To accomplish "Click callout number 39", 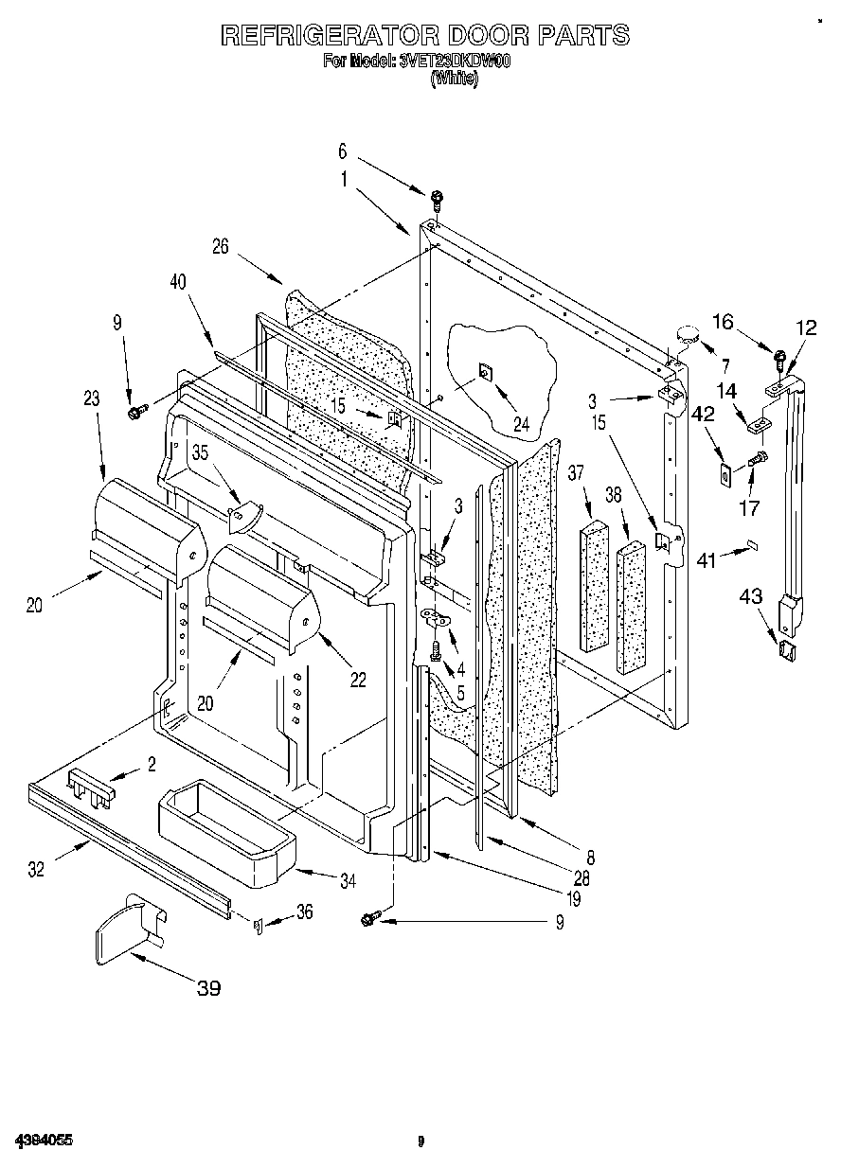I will [208, 988].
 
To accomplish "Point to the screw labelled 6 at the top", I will [437, 199].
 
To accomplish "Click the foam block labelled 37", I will [595, 588].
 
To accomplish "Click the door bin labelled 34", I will [226, 829].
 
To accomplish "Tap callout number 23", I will [91, 398].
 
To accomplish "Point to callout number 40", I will [177, 281].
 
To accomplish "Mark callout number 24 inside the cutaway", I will [521, 398].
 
